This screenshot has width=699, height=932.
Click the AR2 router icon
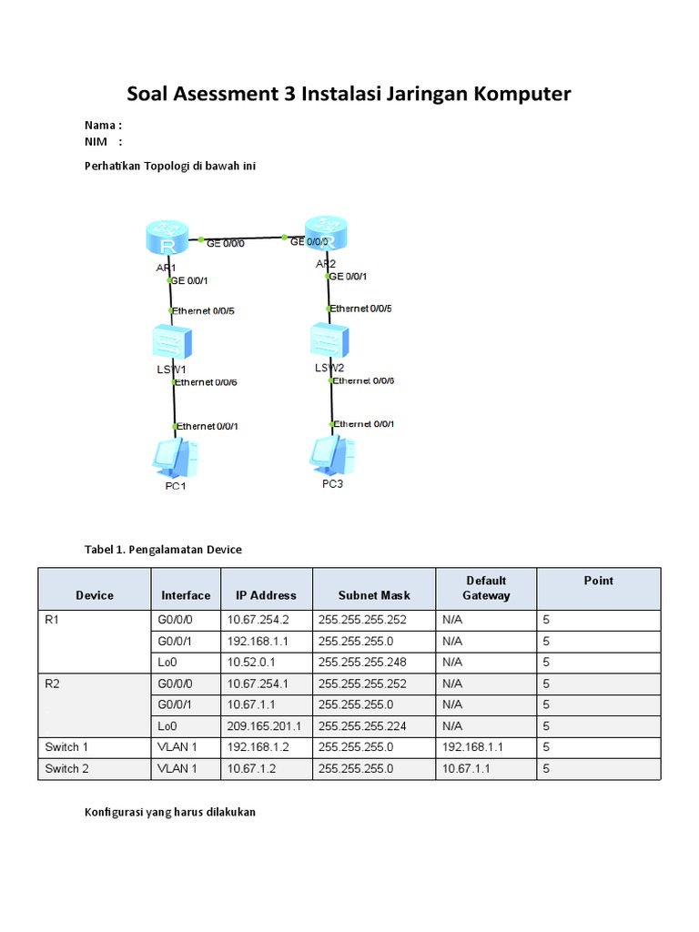[326, 235]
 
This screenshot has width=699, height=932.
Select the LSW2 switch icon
[329, 341]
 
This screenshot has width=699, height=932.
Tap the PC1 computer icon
[176, 457]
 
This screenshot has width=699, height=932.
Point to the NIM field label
[96, 141]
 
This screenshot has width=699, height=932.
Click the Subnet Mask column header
[374, 595]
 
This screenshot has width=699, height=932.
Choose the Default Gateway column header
[486, 588]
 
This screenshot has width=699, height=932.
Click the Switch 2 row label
[67, 768]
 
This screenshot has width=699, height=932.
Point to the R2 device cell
[52, 684]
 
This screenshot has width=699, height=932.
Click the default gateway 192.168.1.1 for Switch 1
[472, 747]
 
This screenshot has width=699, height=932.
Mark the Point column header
[598, 581]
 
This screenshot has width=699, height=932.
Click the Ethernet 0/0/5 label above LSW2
[361, 309]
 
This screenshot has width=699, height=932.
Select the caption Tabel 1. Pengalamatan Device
[163, 550]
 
